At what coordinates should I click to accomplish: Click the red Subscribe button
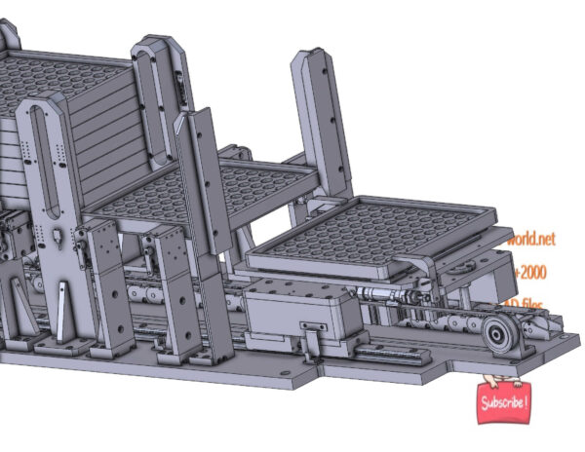point(504,401)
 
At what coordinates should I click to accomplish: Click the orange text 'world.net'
point(530,237)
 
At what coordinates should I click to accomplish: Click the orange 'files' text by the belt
point(533,305)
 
